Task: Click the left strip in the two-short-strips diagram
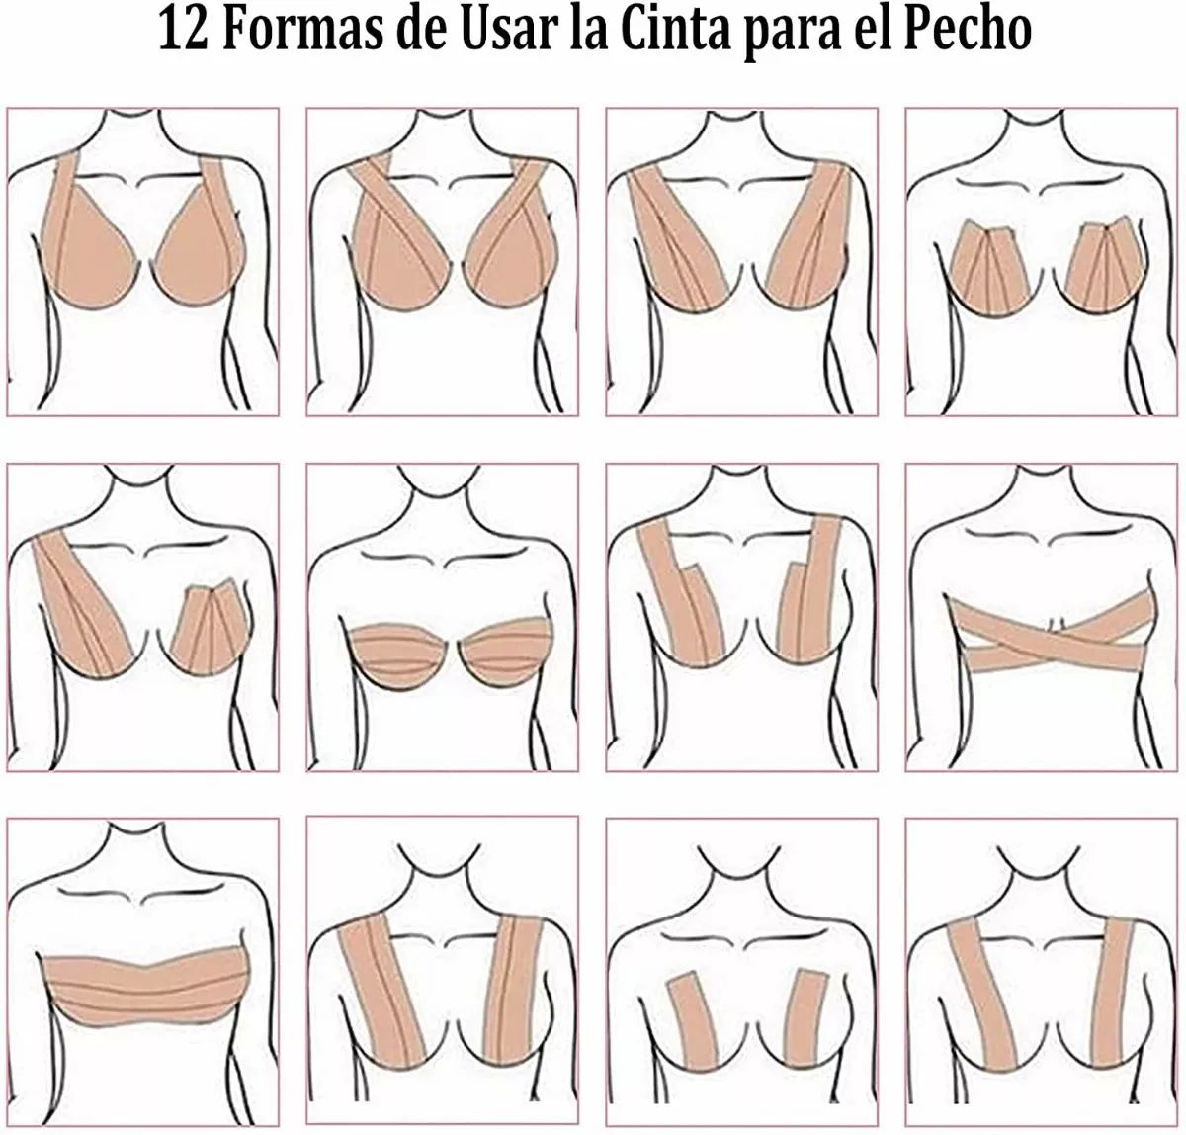pos(694,1028)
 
